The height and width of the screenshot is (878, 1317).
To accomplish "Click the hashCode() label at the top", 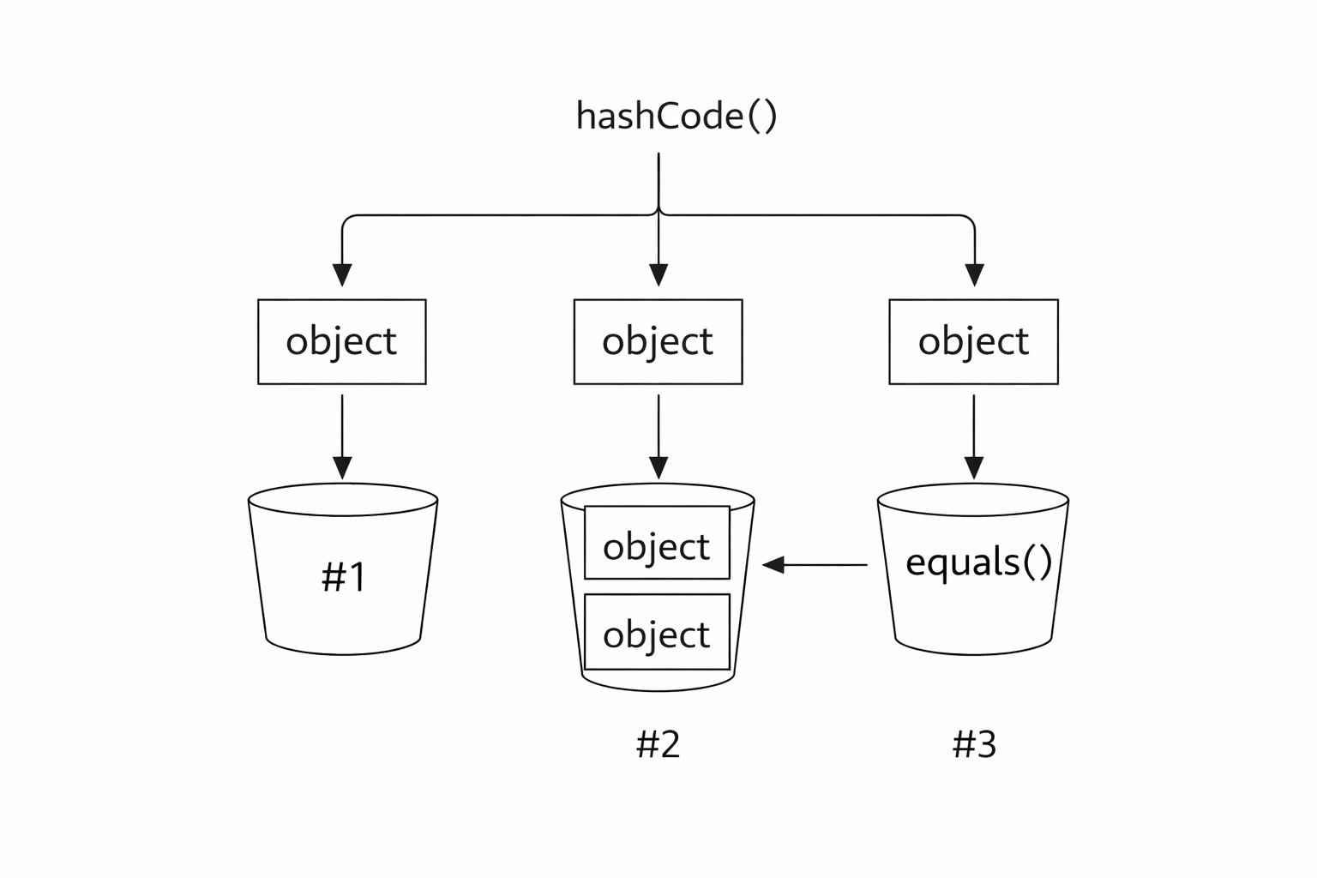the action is click(677, 116).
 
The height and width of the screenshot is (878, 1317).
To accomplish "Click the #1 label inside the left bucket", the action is click(343, 576).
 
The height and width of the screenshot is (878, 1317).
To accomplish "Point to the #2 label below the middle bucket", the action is click(658, 744).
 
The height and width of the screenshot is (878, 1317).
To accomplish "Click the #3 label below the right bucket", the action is click(974, 744).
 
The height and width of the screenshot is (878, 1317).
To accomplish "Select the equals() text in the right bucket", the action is click(978, 563).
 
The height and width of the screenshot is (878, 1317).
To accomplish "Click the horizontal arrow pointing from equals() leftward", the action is click(815, 564).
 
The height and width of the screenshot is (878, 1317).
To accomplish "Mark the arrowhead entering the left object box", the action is click(342, 275).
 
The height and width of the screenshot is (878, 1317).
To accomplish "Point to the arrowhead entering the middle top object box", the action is click(658, 275).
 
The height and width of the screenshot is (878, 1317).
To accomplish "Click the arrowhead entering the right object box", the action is click(975, 275).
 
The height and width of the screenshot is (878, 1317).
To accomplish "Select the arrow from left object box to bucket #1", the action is click(342, 437).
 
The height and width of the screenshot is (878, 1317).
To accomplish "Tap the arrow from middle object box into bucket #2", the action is click(658, 437).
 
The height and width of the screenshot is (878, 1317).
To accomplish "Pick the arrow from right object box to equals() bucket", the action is click(974, 437).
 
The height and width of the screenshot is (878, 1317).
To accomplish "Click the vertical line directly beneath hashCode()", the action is click(658, 183).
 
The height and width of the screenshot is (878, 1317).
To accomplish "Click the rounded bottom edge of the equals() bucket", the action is click(974, 654).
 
